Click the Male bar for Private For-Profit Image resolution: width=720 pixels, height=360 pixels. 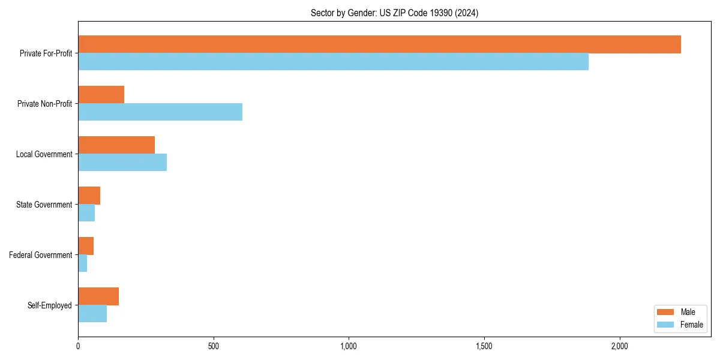tap(379, 44)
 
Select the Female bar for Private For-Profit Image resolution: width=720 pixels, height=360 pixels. tap(333, 62)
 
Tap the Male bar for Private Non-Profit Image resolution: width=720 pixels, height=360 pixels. tap(101, 95)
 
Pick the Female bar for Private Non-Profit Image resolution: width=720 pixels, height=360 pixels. tap(160, 112)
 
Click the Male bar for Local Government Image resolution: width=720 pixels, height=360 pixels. tap(116, 145)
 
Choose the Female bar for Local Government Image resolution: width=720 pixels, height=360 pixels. tap(122, 163)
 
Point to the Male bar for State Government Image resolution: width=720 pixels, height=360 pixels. tap(89, 196)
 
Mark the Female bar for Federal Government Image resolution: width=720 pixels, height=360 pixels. tap(83, 263)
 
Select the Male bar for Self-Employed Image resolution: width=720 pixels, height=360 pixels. tap(98, 296)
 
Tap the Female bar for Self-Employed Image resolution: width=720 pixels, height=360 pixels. tap(92, 314)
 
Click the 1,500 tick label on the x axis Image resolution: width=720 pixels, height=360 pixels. tap(484, 346)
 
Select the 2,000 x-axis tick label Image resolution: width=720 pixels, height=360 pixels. tap(619, 346)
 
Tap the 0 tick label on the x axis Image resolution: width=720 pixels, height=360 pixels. tap(78, 346)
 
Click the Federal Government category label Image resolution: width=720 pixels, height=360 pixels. tap(41, 255)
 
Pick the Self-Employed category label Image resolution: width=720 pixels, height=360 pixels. tap(50, 305)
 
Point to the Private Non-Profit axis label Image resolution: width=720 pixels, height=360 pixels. tap(44, 104)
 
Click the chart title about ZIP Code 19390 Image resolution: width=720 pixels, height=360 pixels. tap(394, 13)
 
